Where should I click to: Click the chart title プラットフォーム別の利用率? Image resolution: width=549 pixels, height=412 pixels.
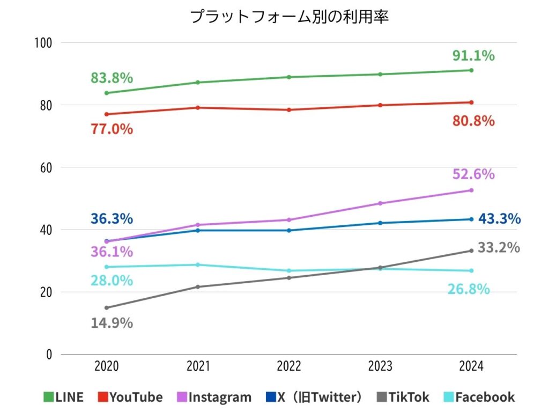click(289, 17)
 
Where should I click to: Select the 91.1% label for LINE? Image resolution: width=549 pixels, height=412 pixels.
click(472, 55)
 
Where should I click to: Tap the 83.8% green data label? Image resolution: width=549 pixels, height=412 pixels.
click(112, 78)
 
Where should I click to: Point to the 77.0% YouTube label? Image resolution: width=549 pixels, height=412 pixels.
click(112, 129)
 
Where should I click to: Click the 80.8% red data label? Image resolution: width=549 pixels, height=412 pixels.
click(472, 121)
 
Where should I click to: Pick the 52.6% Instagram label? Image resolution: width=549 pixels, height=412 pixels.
click(472, 174)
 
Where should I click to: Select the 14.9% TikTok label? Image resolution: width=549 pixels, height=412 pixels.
click(112, 323)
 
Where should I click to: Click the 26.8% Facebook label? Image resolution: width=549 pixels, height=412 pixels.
click(469, 289)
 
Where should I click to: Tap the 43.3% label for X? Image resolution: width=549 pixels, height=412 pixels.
click(499, 219)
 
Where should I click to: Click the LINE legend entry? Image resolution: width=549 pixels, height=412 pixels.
click(64, 397)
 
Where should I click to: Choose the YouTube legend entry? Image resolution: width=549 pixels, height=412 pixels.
click(130, 397)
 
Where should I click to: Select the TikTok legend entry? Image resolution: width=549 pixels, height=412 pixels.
click(403, 397)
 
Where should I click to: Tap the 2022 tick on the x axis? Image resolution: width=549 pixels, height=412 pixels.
click(289, 367)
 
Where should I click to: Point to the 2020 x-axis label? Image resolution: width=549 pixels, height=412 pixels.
click(107, 367)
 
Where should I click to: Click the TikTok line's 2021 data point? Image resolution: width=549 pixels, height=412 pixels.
click(198, 287)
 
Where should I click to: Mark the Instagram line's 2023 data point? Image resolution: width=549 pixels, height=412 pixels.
click(380, 203)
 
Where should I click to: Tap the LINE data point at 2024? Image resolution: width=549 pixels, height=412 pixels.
click(471, 70)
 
